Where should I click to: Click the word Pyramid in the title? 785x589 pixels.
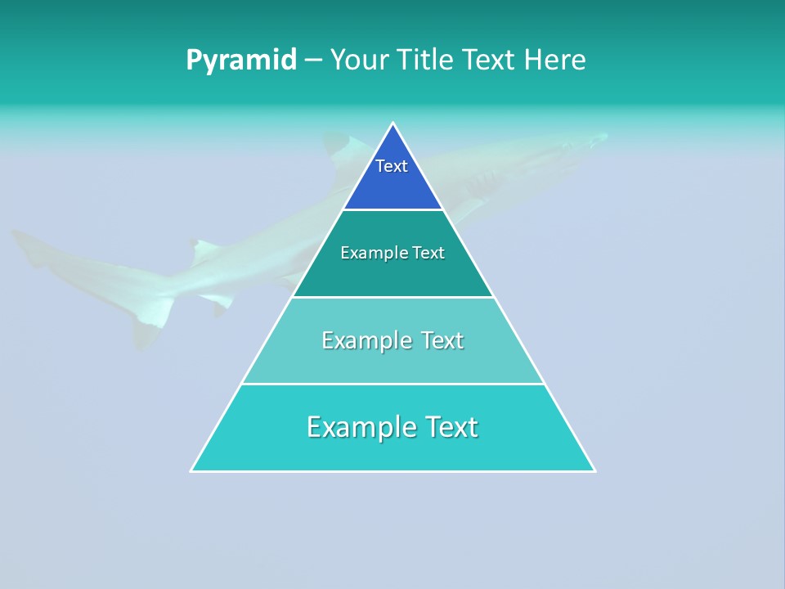tap(241, 60)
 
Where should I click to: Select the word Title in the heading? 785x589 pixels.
tap(426, 60)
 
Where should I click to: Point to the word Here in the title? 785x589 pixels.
tap(554, 60)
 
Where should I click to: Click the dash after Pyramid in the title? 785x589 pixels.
tap(313, 61)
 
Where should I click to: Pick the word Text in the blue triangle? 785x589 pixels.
tap(392, 166)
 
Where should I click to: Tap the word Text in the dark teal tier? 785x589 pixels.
tap(426, 253)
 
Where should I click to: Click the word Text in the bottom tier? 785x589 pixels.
tap(449, 427)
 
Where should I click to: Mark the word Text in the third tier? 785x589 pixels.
tap(442, 340)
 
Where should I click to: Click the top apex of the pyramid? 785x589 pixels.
tap(393, 124)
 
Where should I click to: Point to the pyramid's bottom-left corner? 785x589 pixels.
tap(192, 470)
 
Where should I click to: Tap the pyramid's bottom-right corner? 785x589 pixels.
tap(594, 470)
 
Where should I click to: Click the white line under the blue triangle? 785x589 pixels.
tap(393, 210)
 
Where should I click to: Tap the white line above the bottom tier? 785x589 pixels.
tap(393, 384)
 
